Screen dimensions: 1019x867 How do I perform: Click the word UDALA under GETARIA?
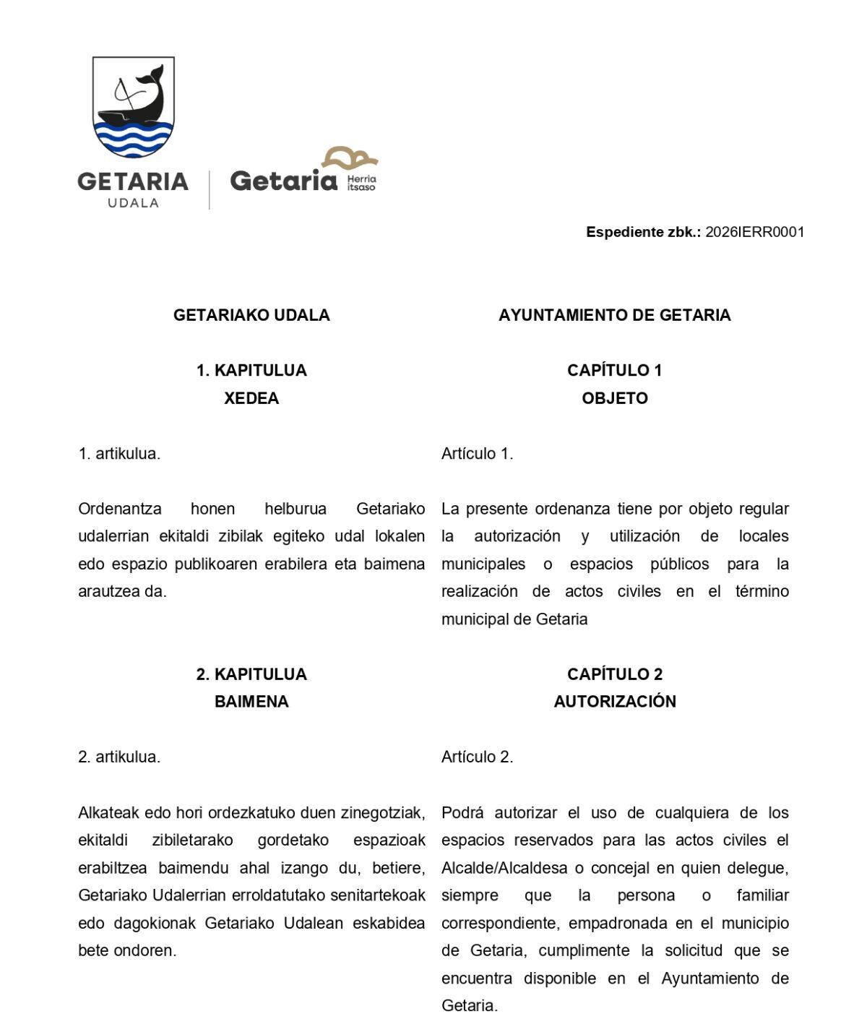click(133, 202)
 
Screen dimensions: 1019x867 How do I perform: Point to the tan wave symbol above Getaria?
click(350, 158)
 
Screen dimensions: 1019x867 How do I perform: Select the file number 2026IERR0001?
click(754, 232)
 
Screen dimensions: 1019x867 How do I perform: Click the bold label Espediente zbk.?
click(643, 232)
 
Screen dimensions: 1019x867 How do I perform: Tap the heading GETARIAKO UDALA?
click(251, 315)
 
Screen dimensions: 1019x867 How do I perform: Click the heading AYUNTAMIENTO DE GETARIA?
click(614, 315)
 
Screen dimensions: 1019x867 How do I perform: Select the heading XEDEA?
click(251, 398)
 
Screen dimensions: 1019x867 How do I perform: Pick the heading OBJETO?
click(614, 398)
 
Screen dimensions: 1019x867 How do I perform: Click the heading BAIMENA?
click(251, 702)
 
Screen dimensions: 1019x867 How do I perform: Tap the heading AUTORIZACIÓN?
click(614, 702)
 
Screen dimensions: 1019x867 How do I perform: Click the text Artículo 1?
click(477, 454)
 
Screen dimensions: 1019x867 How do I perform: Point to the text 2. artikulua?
click(119, 757)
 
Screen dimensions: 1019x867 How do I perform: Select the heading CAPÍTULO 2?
click(614, 674)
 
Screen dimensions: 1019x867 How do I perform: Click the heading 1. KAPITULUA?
click(251, 371)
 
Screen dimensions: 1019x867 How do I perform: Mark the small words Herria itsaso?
click(361, 183)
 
